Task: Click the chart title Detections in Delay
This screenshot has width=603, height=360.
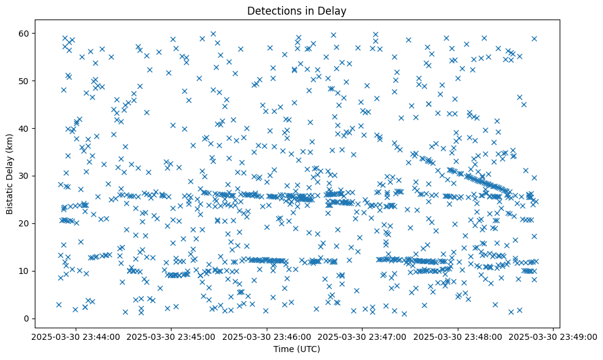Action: tap(296, 10)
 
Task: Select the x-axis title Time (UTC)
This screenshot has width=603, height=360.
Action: tap(296, 350)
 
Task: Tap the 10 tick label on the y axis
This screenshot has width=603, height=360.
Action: tap(25, 271)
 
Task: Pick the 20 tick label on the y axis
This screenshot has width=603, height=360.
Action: tap(25, 223)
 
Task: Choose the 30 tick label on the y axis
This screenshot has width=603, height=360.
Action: tap(25, 176)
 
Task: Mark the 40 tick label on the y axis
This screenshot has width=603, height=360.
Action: tap(25, 128)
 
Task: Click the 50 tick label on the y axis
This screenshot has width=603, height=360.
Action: tap(25, 81)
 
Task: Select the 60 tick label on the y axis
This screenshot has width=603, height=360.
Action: tap(25, 33)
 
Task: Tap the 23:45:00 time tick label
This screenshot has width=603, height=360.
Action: tap(171, 336)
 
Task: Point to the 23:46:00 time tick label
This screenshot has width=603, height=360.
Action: tap(267, 336)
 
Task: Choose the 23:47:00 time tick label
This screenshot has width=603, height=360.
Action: tap(363, 336)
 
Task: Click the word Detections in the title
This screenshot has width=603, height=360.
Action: tap(272, 10)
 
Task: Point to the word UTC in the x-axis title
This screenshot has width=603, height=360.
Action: tap(308, 350)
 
